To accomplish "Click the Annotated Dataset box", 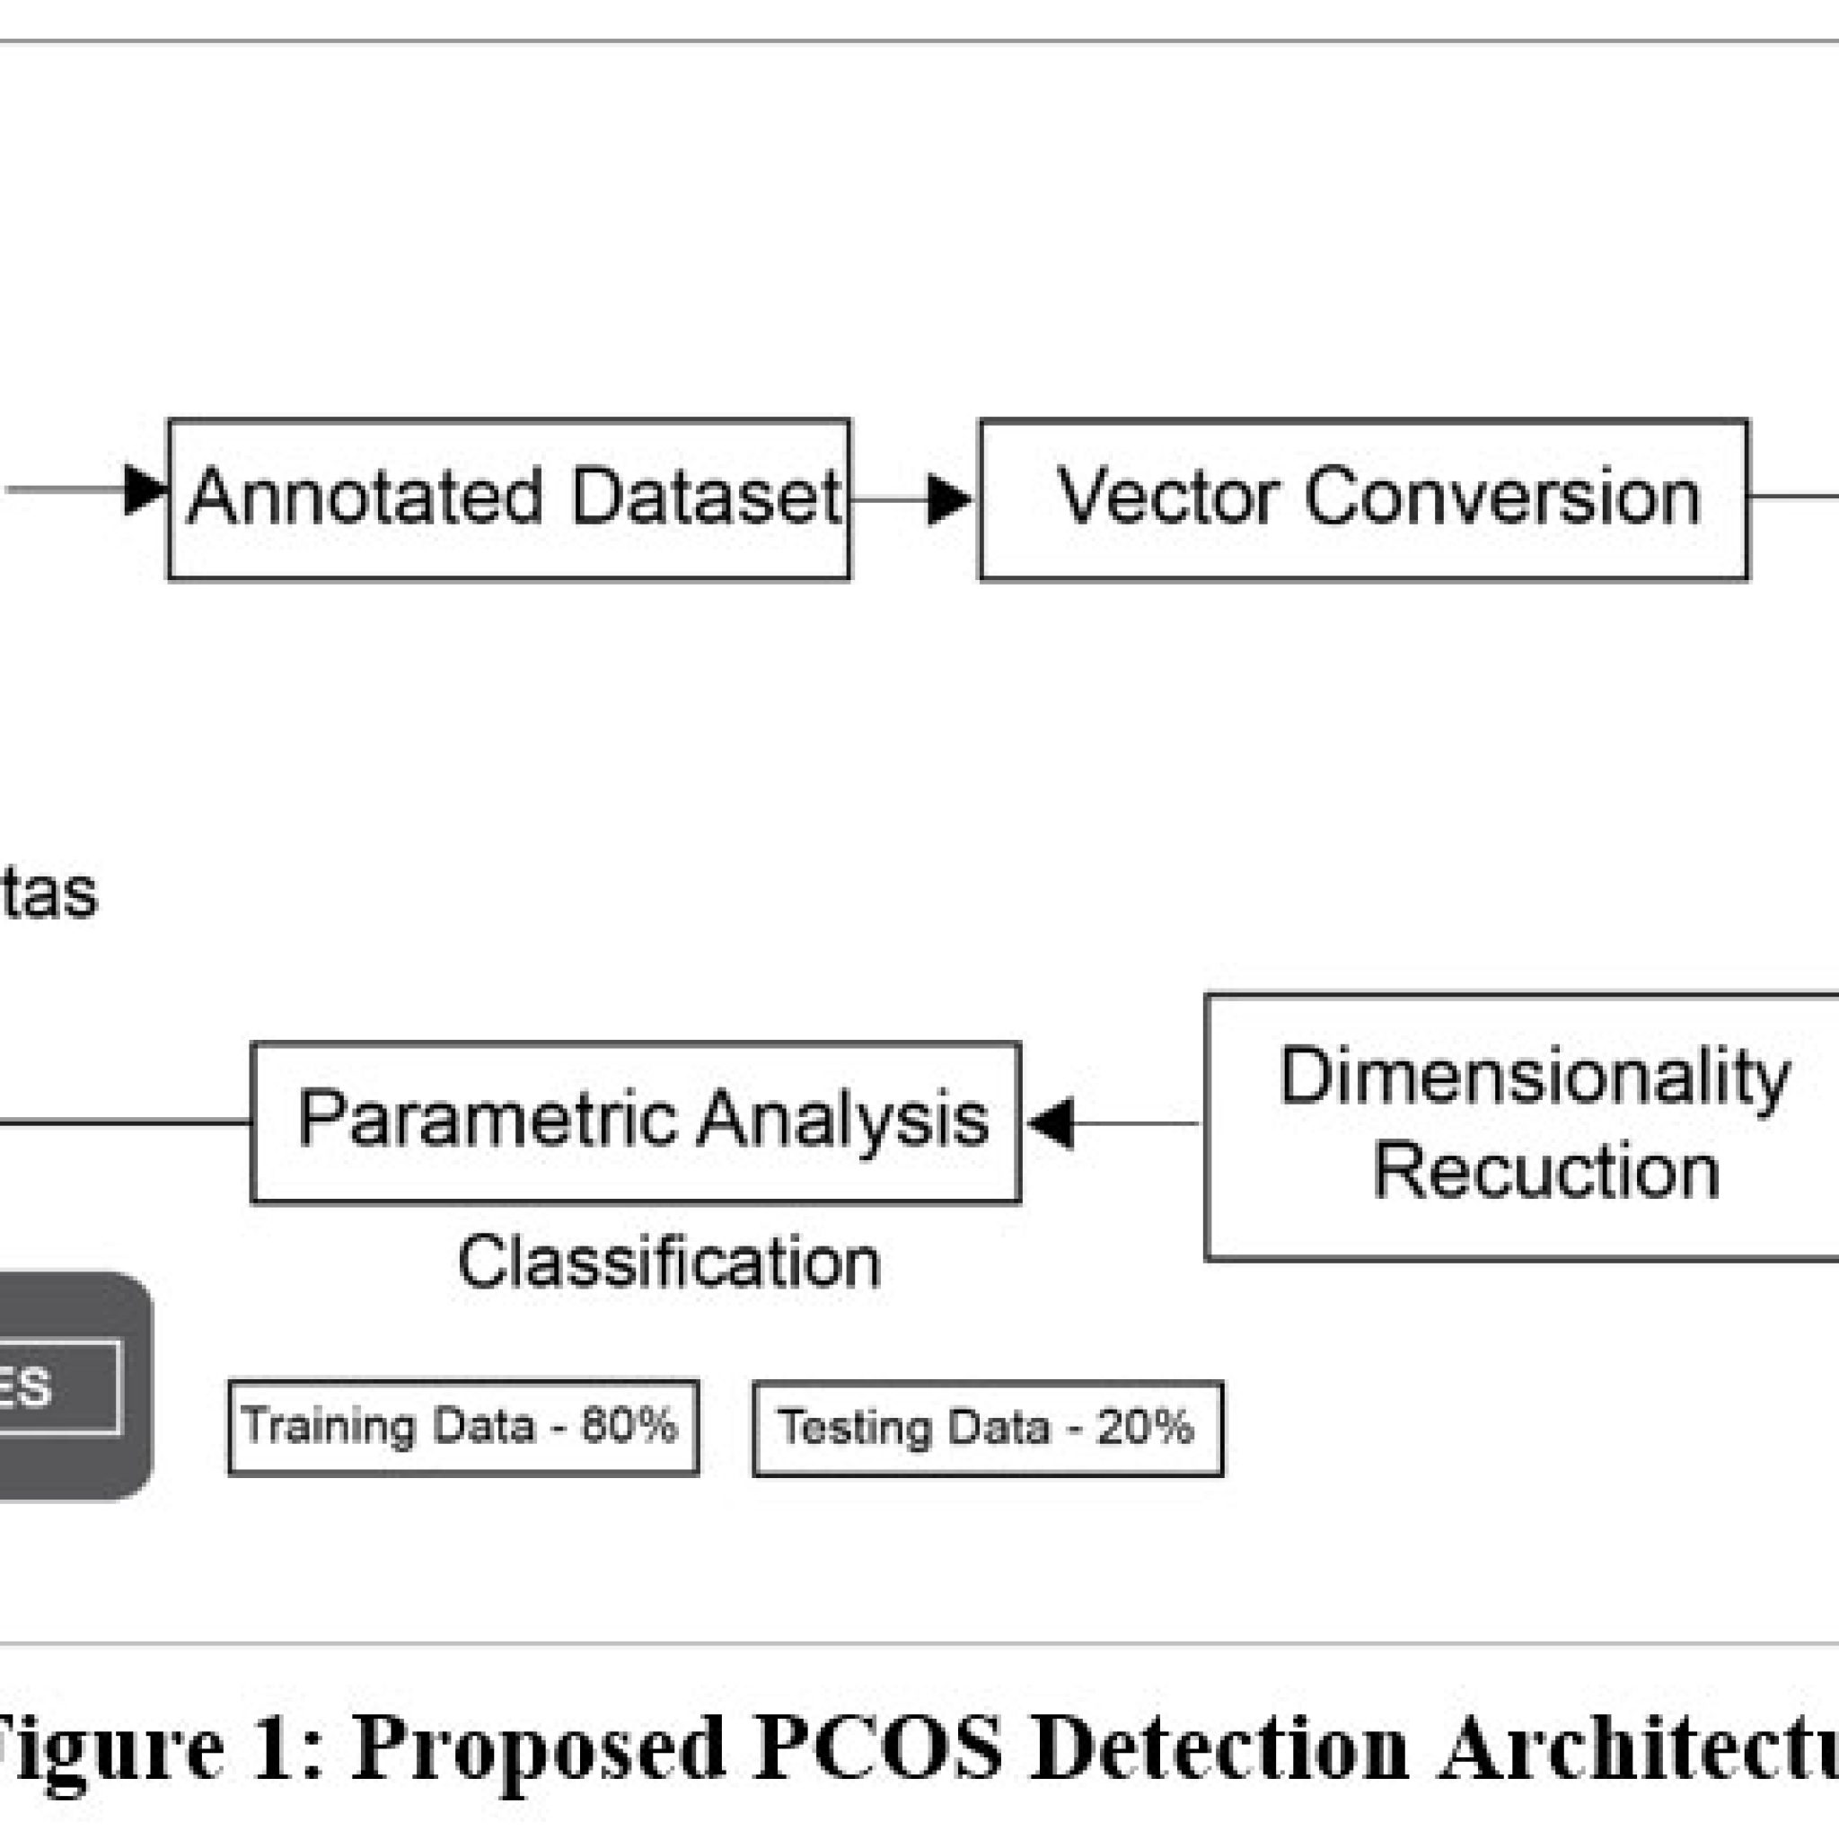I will click(508, 498).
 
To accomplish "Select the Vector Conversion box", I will click(1363, 498).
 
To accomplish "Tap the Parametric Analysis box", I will click(636, 1122).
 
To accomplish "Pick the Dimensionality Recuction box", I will click(1523, 1127).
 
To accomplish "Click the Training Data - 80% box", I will click(463, 1427).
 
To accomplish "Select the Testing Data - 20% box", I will click(988, 1429).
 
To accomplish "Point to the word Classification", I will click(669, 1263).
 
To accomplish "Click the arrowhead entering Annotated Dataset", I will click(145, 491).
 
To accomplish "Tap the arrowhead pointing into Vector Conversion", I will click(948, 498).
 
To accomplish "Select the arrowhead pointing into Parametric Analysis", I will click(1051, 1123).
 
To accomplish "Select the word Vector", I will click(1169, 497).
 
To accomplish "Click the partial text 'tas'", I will click(48, 893).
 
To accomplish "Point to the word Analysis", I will click(842, 1120).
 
